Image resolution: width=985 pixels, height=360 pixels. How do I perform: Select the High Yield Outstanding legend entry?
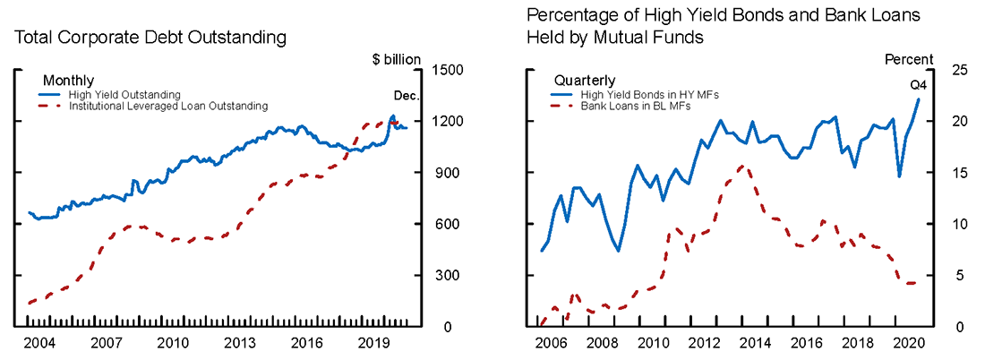[x=124, y=94]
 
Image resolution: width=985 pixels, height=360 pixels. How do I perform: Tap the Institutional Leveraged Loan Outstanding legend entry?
[x=167, y=106]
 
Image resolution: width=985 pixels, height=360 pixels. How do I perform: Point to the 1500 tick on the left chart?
[x=447, y=70]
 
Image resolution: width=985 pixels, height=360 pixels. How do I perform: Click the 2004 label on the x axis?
[x=39, y=342]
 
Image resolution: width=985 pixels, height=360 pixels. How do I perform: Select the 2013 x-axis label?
[x=239, y=342]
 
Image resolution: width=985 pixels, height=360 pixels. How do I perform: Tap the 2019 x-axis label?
[x=373, y=342]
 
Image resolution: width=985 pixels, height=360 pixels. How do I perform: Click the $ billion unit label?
[x=396, y=59]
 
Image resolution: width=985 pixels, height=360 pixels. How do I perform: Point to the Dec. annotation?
[x=407, y=95]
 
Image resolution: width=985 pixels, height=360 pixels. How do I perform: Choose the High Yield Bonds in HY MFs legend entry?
[x=637, y=94]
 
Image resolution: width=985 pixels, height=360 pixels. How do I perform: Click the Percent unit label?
[x=909, y=59]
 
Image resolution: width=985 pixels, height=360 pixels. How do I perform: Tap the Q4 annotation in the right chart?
[x=918, y=85]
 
